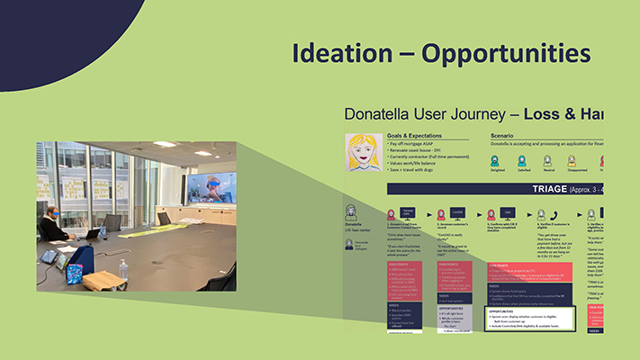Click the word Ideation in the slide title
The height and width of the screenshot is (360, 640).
341,52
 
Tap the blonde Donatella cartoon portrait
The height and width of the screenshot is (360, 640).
364,152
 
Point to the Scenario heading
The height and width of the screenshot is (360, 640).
495,136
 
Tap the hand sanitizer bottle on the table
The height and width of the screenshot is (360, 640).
122,268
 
